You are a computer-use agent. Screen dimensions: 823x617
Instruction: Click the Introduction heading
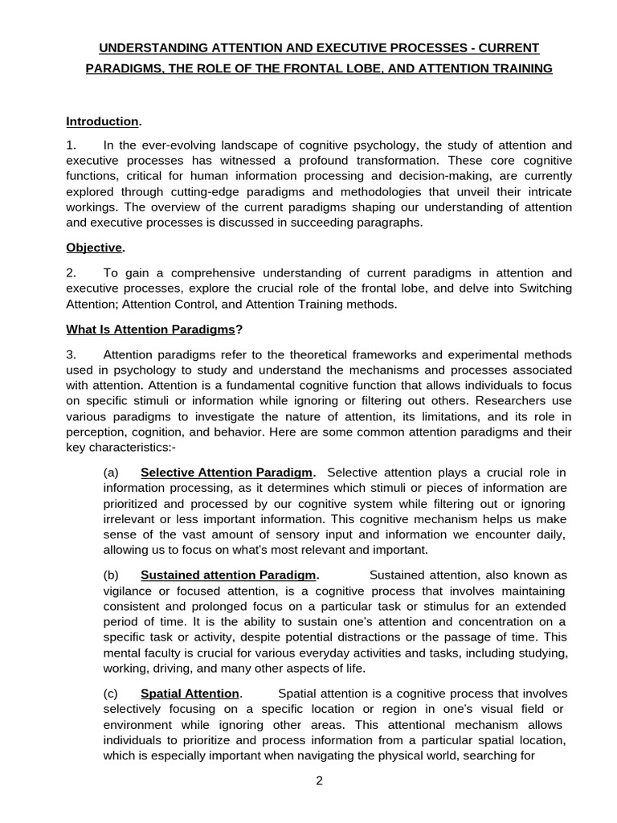tap(102, 121)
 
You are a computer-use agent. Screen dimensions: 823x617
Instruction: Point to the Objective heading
tap(94, 248)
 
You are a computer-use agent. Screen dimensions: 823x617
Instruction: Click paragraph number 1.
tap(71, 145)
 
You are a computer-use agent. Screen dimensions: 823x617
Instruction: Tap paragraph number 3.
tap(71, 354)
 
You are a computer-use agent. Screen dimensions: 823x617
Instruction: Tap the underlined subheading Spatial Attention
tap(190, 694)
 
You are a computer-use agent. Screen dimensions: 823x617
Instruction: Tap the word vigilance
tap(130, 591)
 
